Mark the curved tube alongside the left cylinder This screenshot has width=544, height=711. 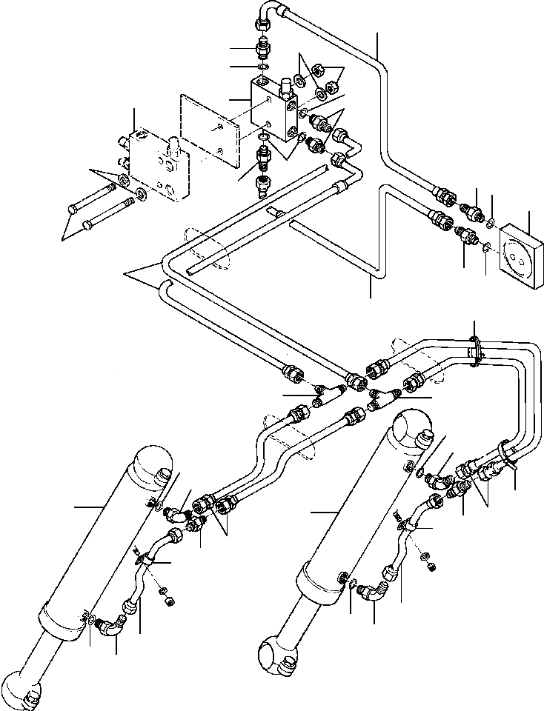(145, 574)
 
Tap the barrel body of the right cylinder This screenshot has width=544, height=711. (348, 518)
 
